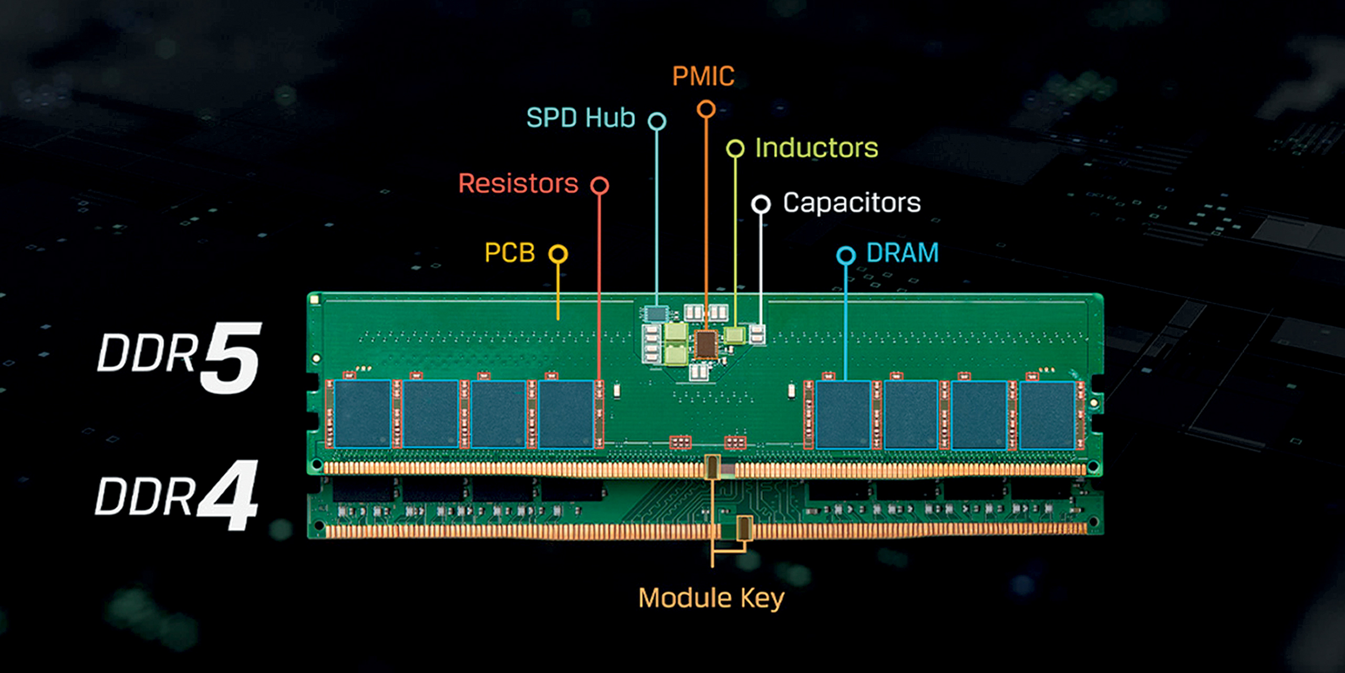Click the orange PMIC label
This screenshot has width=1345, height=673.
coord(703,76)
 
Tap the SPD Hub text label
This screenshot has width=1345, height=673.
coord(581,118)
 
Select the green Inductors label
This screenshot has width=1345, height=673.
coord(816,148)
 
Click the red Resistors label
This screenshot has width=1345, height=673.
coord(518,183)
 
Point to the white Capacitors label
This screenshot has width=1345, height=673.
coord(852,203)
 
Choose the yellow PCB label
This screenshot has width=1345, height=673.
coord(510,253)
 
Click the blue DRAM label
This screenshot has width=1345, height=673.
coord(902,253)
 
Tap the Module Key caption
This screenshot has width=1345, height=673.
coord(711,598)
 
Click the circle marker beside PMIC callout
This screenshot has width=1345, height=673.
coord(706,109)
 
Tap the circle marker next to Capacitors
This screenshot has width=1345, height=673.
coord(761,204)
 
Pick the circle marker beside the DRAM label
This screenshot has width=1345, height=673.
coord(846,256)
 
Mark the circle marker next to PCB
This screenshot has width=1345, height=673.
coord(558,254)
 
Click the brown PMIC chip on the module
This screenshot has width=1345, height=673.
coord(706,344)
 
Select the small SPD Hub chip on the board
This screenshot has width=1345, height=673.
coord(656,314)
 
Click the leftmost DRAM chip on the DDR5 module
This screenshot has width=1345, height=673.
coord(363,414)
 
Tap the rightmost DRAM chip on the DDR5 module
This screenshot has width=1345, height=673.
coord(1047,415)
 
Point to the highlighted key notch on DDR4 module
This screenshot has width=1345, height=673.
coord(744,528)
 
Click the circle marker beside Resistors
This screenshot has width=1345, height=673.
coord(599,186)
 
